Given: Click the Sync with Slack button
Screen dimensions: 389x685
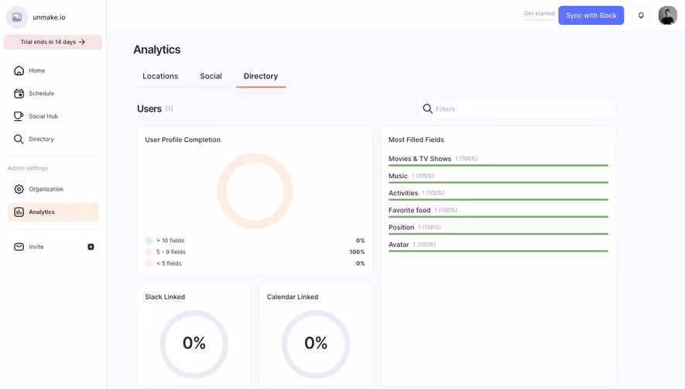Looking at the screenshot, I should (591, 15).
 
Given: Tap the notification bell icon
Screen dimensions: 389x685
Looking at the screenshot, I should (641, 15).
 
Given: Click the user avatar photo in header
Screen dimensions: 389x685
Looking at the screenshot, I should (667, 15).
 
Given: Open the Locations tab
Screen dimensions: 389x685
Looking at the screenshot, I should (160, 76).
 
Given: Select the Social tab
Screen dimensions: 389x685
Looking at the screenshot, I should (211, 76).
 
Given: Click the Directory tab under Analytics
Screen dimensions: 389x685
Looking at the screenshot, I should (261, 76).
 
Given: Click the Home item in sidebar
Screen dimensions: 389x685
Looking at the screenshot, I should (36, 71).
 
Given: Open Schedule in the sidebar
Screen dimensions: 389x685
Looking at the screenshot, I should (41, 93).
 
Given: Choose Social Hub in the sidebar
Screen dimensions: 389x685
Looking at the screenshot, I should (43, 116).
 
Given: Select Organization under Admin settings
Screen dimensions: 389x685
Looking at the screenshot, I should (46, 189).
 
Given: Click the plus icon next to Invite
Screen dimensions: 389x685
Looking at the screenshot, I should (91, 247).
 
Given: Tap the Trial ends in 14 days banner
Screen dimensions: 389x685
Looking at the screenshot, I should (53, 42).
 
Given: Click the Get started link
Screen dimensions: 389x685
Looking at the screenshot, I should (539, 14).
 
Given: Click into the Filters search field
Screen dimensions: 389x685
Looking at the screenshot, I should (522, 109).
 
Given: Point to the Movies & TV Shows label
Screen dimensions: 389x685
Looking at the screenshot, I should (420, 159).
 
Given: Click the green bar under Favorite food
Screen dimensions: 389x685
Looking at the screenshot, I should (498, 217).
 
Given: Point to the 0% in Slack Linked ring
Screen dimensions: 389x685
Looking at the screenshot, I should (194, 343).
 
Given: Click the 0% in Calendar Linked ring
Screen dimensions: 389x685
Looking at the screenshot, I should (316, 343).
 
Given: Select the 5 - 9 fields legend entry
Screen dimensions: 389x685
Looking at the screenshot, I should (170, 252).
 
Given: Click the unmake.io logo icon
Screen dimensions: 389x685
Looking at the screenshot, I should (17, 17).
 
